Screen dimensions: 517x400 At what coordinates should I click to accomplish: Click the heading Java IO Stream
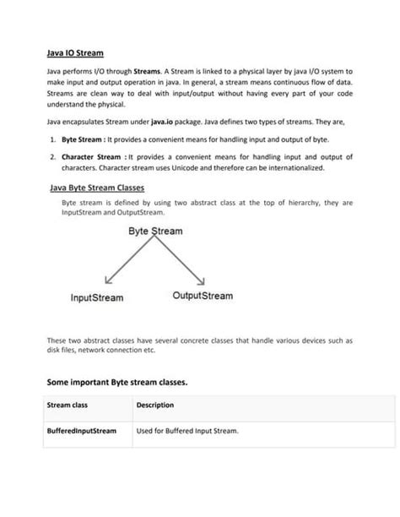(75, 53)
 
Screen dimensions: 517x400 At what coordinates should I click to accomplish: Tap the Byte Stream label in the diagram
(154, 230)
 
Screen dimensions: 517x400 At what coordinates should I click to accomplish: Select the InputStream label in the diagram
(96, 297)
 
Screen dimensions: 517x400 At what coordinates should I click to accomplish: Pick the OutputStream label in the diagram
(203, 296)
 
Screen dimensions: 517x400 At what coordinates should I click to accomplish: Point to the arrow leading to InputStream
(127, 262)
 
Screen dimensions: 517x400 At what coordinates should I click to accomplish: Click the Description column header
(155, 405)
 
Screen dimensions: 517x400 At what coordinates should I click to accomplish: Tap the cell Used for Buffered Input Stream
(187, 431)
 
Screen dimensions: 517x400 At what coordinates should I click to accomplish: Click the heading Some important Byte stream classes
(116, 382)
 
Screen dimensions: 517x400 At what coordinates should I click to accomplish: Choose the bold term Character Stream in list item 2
(92, 157)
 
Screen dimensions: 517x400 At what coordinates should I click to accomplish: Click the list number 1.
(52, 139)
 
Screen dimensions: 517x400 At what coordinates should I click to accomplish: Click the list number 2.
(52, 157)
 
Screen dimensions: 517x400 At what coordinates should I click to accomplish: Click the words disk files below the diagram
(62, 350)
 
